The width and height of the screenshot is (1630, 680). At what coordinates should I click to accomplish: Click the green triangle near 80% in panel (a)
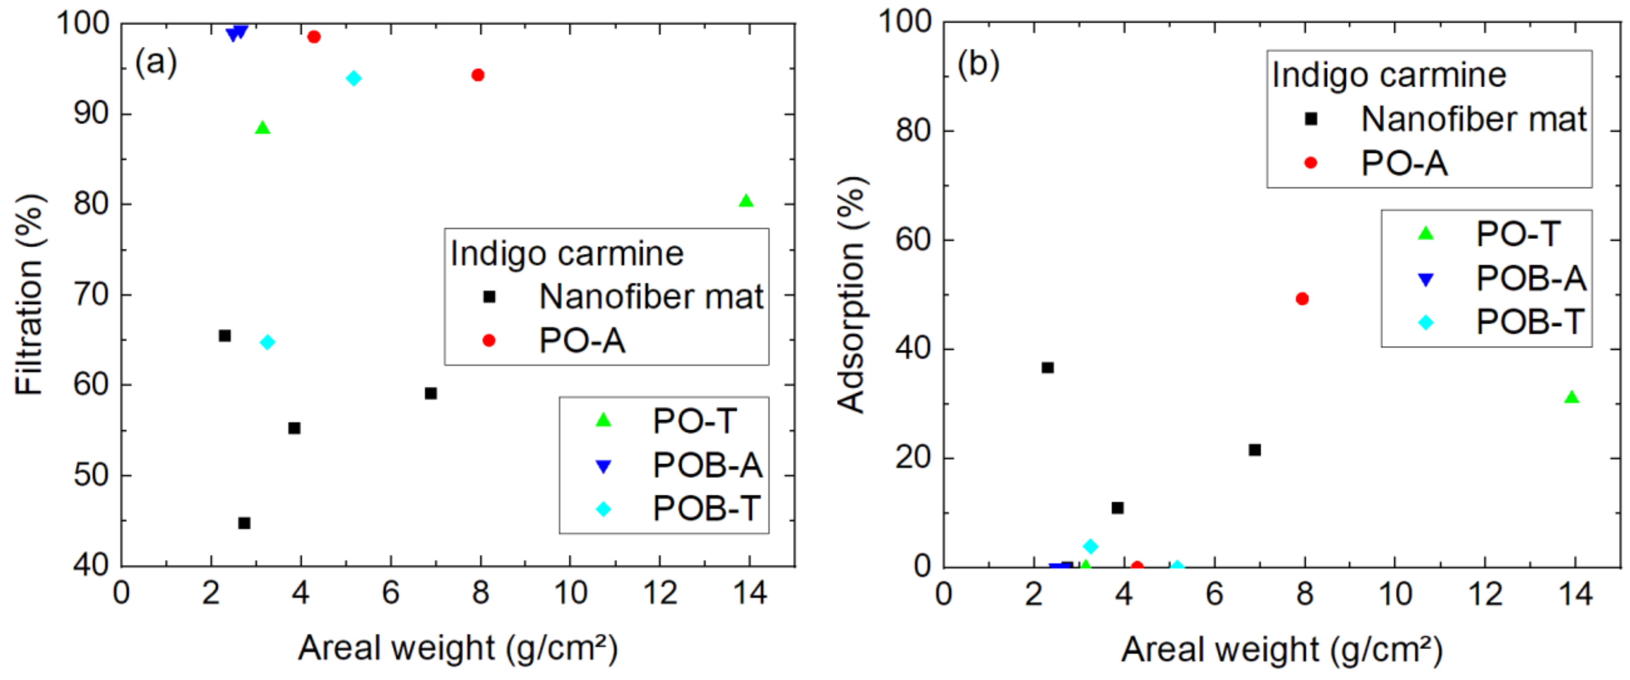pyautogui.click(x=746, y=201)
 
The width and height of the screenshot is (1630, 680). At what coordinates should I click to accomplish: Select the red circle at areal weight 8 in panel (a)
pyautogui.click(x=478, y=75)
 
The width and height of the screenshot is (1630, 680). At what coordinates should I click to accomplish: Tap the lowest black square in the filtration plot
pyautogui.click(x=244, y=523)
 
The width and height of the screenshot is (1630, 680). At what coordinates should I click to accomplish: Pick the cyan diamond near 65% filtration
pyautogui.click(x=267, y=342)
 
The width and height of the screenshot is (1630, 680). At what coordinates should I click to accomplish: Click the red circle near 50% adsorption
pyautogui.click(x=1302, y=299)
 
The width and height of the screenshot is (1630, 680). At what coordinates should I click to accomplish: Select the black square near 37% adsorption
pyautogui.click(x=1047, y=367)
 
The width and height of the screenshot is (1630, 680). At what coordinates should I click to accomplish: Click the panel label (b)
pyautogui.click(x=978, y=63)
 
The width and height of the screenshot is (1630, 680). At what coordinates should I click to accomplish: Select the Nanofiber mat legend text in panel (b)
pyautogui.click(x=1473, y=119)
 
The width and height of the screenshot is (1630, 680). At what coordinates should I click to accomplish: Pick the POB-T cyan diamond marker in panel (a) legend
pyautogui.click(x=604, y=509)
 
